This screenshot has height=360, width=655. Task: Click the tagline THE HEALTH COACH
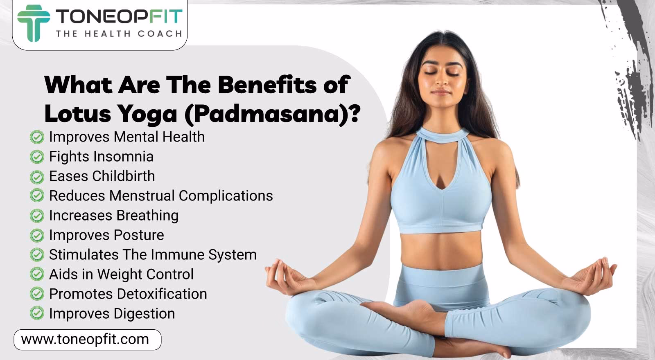coord(119,34)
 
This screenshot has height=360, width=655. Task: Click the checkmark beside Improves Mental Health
coord(37,137)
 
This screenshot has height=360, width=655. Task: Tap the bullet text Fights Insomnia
coord(101,156)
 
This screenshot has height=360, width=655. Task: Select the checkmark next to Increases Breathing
coord(37,216)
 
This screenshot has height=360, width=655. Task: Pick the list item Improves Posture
coord(106,235)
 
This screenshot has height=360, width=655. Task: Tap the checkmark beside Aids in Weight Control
coord(37,274)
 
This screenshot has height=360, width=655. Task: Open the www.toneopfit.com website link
coord(85,340)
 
